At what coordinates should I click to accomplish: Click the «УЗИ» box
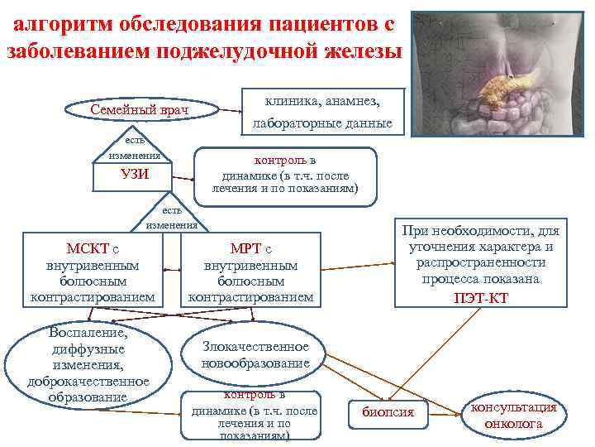click(135, 174)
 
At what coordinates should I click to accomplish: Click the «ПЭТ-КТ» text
click(481, 298)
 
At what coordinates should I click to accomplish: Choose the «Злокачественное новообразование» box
click(256, 355)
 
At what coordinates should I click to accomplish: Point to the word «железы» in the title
click(359, 51)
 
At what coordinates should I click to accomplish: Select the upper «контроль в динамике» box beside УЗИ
click(285, 175)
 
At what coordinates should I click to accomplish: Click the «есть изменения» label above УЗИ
click(135, 148)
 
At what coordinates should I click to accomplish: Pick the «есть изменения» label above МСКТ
click(172, 217)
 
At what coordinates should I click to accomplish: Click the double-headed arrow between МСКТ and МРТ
click(173, 269)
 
